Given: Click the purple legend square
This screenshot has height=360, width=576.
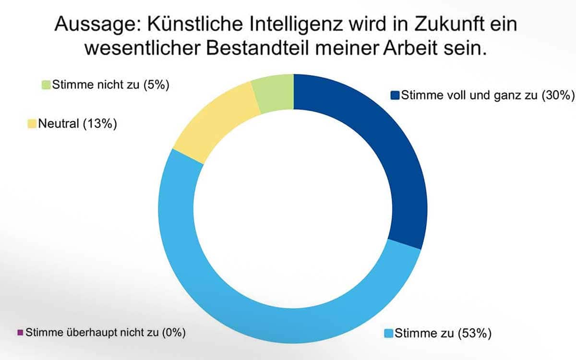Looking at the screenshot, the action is click(20, 333).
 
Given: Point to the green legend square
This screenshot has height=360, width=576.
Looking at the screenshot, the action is click(46, 85).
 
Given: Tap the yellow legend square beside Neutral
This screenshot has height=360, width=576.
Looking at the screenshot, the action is click(32, 124).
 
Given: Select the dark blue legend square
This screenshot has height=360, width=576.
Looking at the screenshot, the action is click(395, 95).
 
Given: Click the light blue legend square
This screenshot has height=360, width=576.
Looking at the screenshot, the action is click(388, 333).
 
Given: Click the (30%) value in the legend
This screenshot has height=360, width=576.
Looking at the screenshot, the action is click(558, 96).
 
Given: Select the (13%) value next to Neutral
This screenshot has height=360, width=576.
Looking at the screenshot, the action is click(100, 124).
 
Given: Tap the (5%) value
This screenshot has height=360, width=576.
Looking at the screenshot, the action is click(156, 85).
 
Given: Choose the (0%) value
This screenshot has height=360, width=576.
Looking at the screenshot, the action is click(174, 333).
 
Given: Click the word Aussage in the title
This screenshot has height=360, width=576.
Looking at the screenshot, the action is click(98, 25).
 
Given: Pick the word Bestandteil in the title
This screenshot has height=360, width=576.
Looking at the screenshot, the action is click(257, 48).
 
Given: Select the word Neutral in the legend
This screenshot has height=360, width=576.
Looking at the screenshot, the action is click(59, 124).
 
